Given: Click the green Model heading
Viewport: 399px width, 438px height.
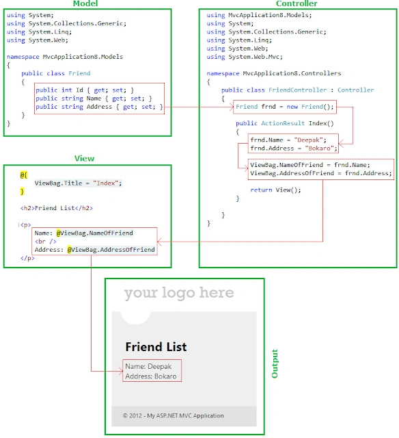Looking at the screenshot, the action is coord(85,3).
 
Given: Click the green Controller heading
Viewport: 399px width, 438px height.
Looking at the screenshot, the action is coord(297,3).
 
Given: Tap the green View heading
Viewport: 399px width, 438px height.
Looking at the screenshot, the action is coord(84,158).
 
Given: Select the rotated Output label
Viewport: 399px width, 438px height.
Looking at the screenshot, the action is coord(275,363).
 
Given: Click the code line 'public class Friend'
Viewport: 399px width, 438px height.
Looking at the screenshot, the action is coord(56,73).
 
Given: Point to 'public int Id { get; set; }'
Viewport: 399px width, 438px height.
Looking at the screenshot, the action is coord(85,90).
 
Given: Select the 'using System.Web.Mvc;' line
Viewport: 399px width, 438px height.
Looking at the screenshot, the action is coord(245,57).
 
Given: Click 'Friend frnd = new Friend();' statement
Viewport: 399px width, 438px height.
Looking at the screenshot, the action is coord(284,107).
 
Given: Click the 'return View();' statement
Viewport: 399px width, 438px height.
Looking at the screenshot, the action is coord(275,190).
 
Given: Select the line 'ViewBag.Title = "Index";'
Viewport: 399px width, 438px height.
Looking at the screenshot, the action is coord(78,183).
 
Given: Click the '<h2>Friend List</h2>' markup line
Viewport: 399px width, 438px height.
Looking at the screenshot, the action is coord(57,208).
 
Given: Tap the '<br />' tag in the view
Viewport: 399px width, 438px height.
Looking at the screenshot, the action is coord(46,242).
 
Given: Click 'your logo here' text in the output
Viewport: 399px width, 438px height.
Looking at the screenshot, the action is coord(179,293).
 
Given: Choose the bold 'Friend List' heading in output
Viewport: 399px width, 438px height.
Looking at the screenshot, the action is coord(156,347).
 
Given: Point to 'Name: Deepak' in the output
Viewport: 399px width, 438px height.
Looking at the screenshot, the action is coord(148,366).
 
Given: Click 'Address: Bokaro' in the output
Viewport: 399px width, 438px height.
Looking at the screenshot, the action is coord(151,376).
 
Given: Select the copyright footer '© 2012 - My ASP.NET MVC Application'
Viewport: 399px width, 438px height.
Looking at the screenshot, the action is coord(173,415).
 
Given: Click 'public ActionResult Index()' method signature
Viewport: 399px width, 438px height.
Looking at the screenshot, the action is coord(285,123).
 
